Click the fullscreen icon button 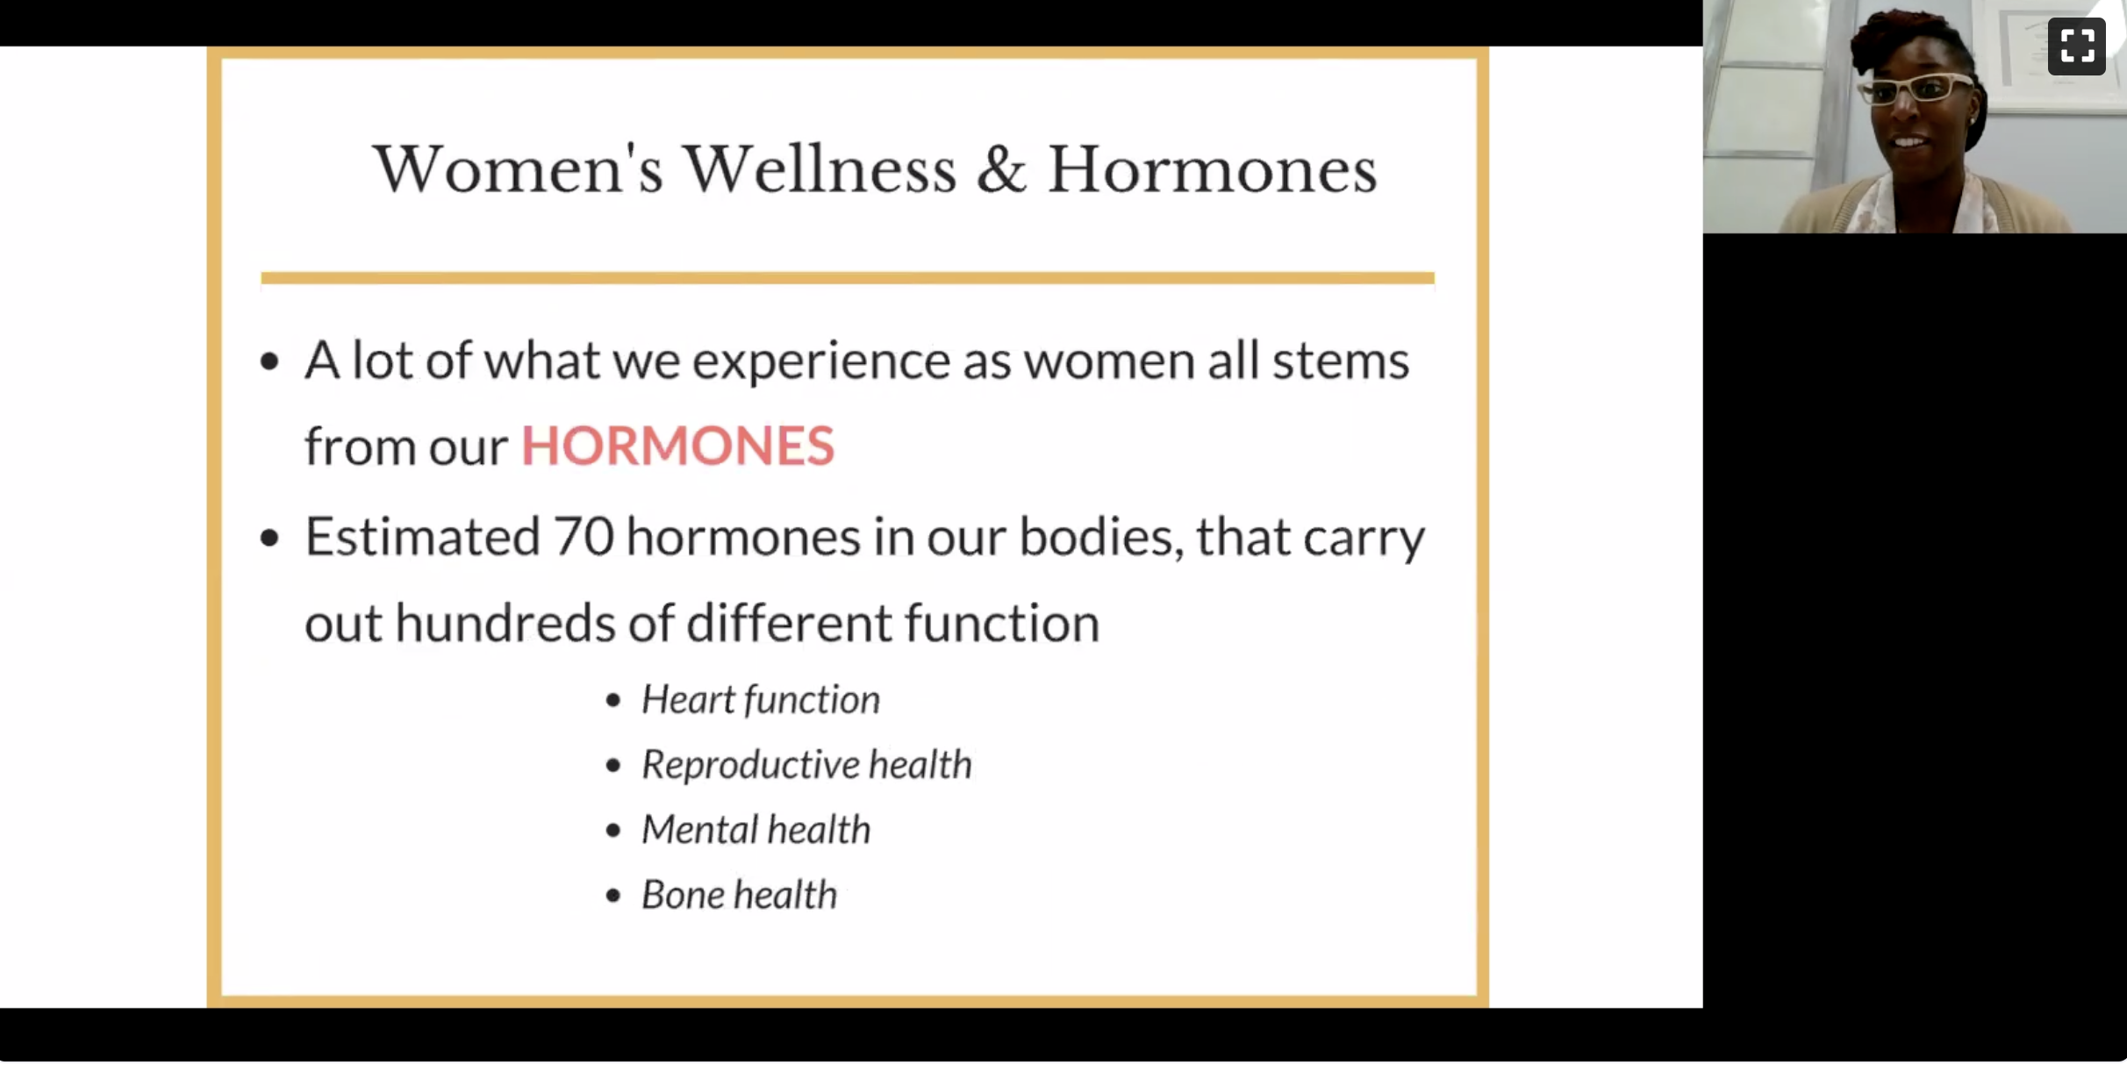[2076, 46]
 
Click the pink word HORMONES [677, 445]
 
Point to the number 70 [584, 536]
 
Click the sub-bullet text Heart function [761, 699]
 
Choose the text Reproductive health [807, 764]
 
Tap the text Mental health [756, 829]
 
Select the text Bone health [740, 894]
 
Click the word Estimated [422, 536]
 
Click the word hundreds [505, 623]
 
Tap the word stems [1341, 361]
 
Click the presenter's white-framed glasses [1916, 89]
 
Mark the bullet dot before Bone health [613, 896]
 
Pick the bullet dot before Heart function [613, 700]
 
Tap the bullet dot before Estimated [269, 537]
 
